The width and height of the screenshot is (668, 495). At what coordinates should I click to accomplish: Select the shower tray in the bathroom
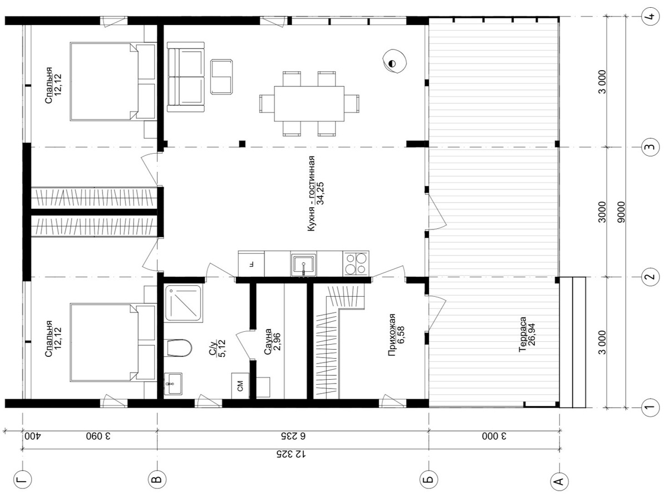[x=183, y=303]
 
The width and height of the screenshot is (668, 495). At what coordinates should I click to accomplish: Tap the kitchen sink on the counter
[x=303, y=263]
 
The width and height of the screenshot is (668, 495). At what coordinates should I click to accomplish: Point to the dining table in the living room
[x=309, y=104]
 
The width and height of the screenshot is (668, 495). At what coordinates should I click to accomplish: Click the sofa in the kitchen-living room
[x=185, y=77]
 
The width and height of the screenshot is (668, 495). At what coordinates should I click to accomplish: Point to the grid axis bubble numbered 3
[x=648, y=148]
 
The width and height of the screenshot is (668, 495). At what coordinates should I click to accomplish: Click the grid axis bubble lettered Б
[x=429, y=478]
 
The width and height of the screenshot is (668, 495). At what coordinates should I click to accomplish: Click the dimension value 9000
[x=622, y=212]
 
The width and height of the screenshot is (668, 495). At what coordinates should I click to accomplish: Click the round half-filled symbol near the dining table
[x=392, y=63]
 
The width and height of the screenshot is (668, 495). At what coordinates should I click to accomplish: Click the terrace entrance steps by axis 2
[x=573, y=342]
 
